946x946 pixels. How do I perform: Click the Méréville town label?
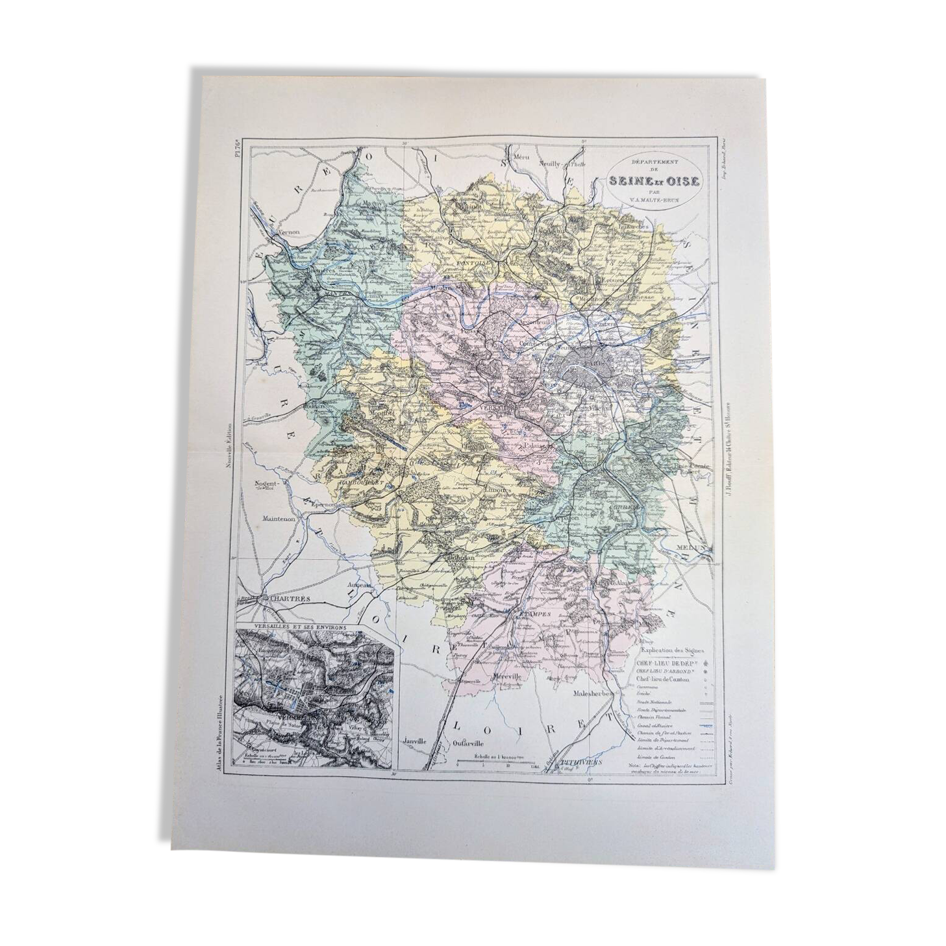click(x=506, y=677)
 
